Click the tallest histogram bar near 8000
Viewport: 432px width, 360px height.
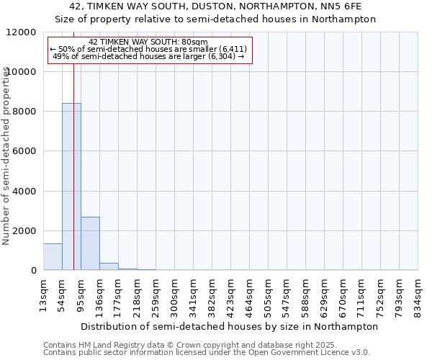(x=71, y=186)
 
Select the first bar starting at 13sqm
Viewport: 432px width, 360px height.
(x=53, y=257)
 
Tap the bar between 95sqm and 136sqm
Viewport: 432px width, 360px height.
(x=90, y=243)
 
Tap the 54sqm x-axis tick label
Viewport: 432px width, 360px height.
(x=63, y=294)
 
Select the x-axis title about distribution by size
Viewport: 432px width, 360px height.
(x=230, y=326)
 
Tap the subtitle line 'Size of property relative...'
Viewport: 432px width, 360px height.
(x=215, y=19)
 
